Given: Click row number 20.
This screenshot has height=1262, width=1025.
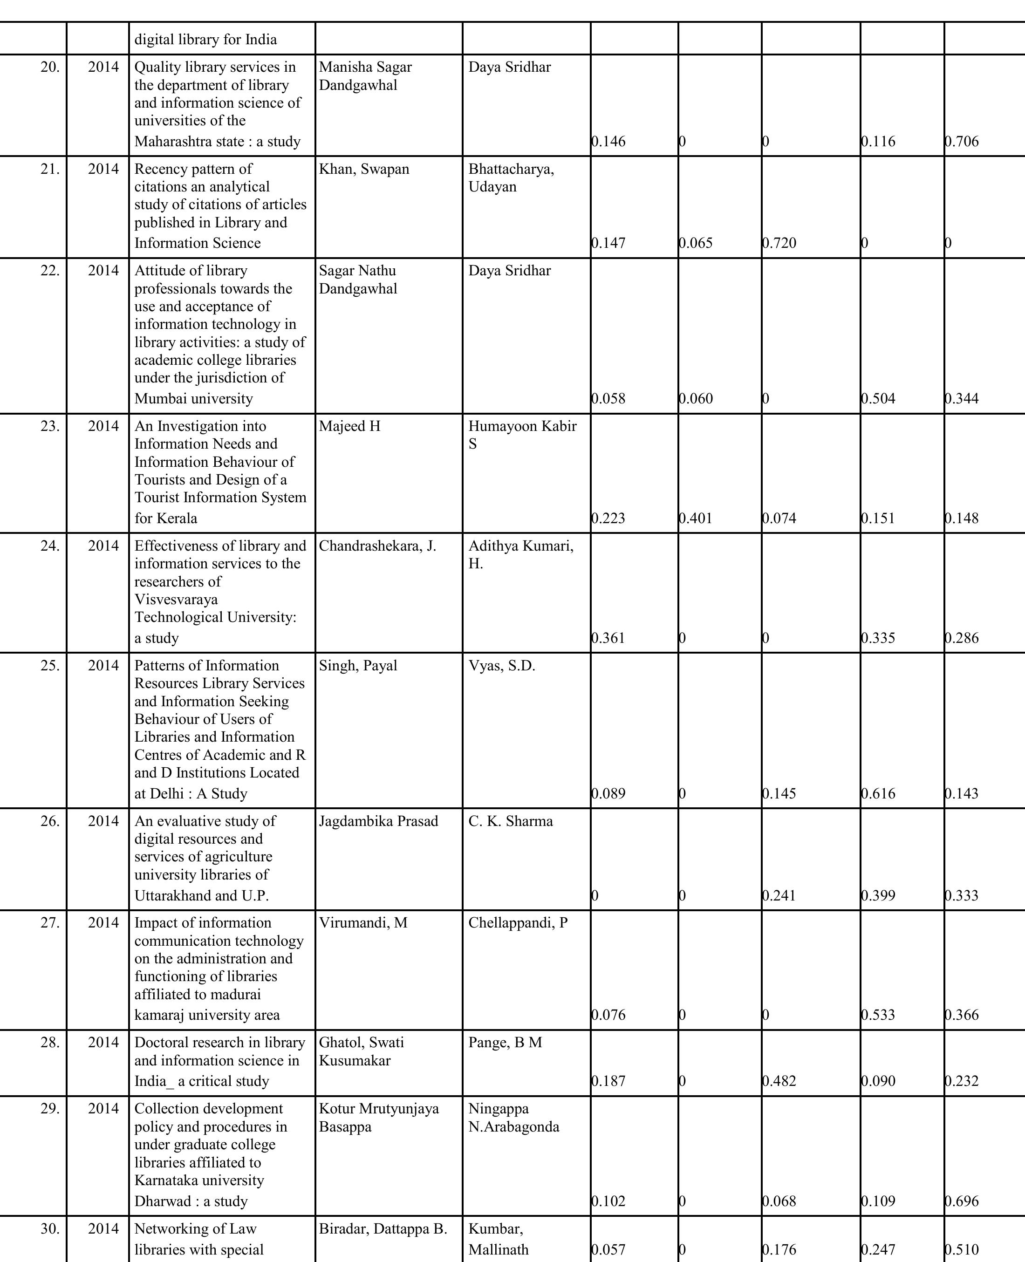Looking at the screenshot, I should click(50, 67).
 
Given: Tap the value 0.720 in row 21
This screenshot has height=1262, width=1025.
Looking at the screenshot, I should click(779, 243).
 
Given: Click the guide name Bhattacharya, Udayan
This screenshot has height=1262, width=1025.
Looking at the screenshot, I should click(511, 177).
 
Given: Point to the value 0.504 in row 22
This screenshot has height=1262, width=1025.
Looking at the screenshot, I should click(879, 398).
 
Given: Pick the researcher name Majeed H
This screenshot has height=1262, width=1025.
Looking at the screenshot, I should click(349, 426).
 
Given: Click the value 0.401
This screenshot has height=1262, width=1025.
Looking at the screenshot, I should click(696, 518).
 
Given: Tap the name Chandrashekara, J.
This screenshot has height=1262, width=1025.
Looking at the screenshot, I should click(377, 546).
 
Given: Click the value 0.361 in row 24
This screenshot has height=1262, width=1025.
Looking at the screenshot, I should click(609, 638).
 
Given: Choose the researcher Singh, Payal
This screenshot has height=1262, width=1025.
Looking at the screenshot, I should click(358, 666).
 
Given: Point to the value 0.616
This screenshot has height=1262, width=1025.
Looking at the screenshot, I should click(879, 793).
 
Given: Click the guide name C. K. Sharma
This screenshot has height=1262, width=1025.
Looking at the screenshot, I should click(510, 821).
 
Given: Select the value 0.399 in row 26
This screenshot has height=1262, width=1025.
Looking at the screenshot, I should click(879, 895).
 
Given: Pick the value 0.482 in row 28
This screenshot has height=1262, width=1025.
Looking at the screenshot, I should click(779, 1081).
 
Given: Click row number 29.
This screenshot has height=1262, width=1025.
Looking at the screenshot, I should click(50, 1109).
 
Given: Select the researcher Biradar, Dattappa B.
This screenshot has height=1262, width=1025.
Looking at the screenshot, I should click(383, 1228).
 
